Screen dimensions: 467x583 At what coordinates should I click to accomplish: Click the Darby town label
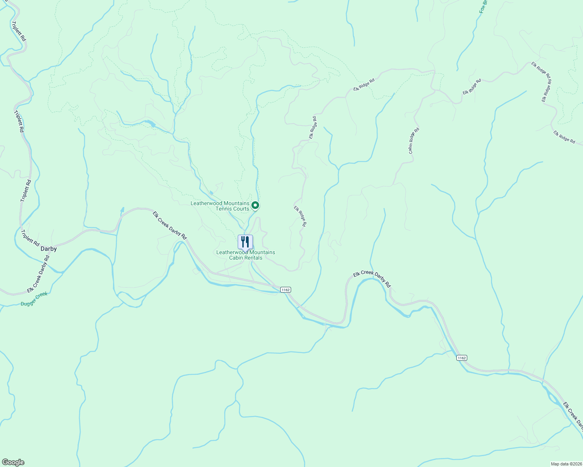[49, 249]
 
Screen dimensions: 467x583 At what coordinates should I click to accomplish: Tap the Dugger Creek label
[34, 299]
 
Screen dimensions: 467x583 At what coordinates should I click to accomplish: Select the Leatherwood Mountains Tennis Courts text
[220, 206]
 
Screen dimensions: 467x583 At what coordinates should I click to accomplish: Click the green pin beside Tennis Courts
[255, 205]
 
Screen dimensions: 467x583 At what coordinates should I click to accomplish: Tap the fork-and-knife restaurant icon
[245, 242]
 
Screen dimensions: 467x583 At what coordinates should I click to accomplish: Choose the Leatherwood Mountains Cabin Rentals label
[246, 255]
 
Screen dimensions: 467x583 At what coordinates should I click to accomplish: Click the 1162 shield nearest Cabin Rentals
[285, 290]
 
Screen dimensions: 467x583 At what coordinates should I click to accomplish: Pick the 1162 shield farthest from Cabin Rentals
[461, 358]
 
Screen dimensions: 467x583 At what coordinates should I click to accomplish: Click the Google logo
[13, 462]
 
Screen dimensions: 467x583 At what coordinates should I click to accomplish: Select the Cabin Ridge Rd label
[414, 141]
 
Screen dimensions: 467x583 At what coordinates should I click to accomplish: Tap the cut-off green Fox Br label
[484, 7]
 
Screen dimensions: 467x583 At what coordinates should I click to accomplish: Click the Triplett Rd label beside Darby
[30, 238]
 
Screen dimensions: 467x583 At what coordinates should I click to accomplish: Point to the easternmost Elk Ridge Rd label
[564, 137]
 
